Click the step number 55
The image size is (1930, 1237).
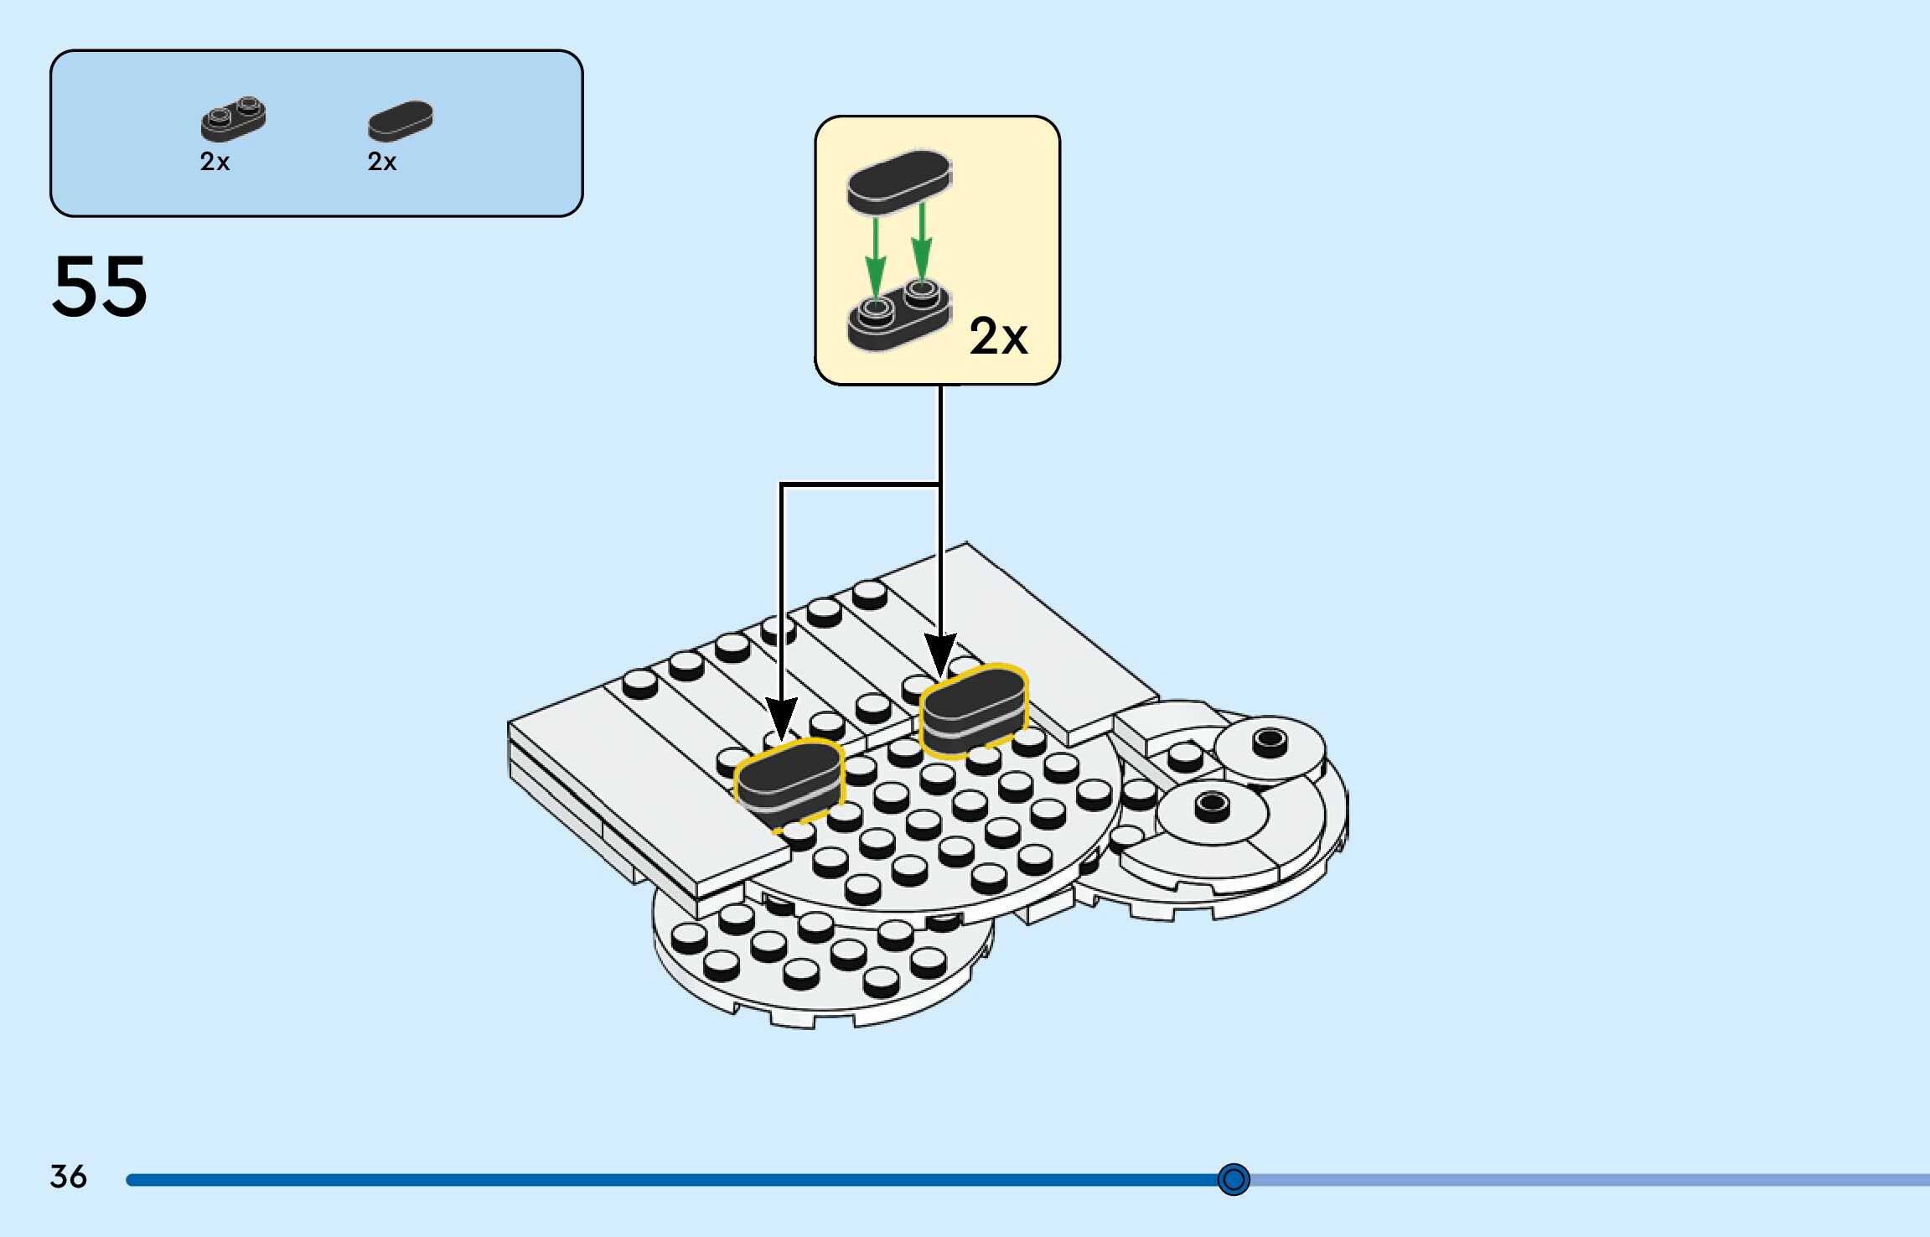[x=100, y=287]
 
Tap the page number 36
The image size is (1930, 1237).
[x=68, y=1176]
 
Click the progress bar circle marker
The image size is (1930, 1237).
[x=1233, y=1179]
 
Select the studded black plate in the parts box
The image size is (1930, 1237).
[x=233, y=119]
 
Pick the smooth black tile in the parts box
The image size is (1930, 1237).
[x=401, y=121]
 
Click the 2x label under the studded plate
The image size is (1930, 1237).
[x=215, y=162]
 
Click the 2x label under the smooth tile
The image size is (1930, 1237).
[x=382, y=162]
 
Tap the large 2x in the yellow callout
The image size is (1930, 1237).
[x=998, y=337]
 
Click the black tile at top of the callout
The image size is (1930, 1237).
[x=898, y=179]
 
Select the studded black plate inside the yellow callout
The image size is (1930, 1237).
[x=898, y=317]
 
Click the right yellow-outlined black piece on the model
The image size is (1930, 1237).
[x=974, y=708]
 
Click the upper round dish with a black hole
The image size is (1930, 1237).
[x=1270, y=746]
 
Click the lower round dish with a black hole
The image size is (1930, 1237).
[x=1211, y=811]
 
